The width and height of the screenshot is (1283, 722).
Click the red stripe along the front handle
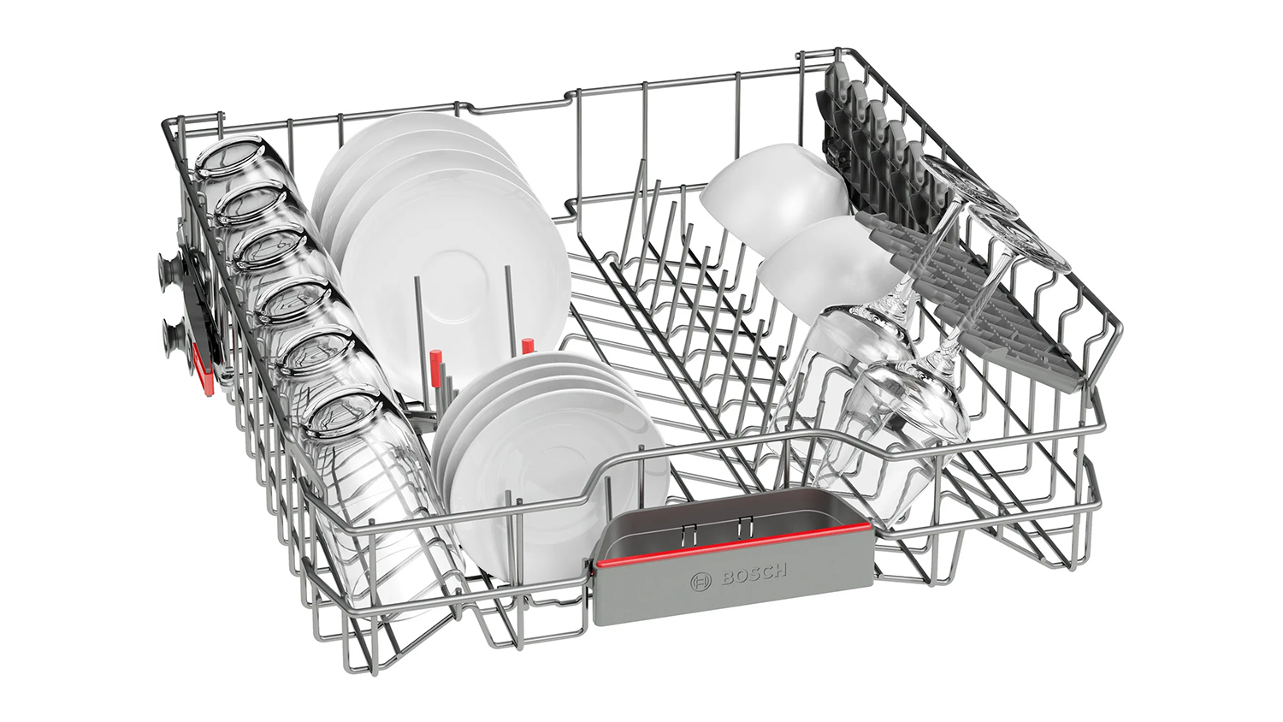pyautogui.click(x=733, y=544)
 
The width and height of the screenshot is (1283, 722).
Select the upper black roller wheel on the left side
pyautogui.click(x=171, y=269)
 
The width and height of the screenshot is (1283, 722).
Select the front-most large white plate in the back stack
pyautogui.click(x=455, y=281)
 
